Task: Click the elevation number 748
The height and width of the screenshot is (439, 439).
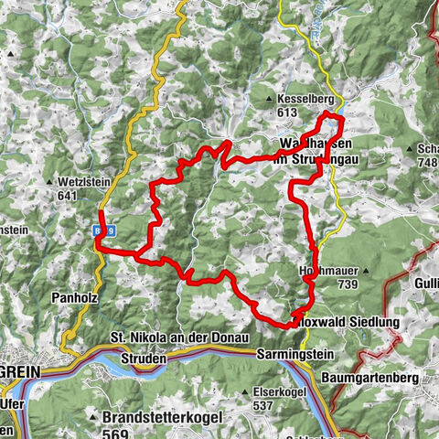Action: tap(428, 162)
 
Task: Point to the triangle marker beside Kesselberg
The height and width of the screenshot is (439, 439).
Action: tap(268, 99)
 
